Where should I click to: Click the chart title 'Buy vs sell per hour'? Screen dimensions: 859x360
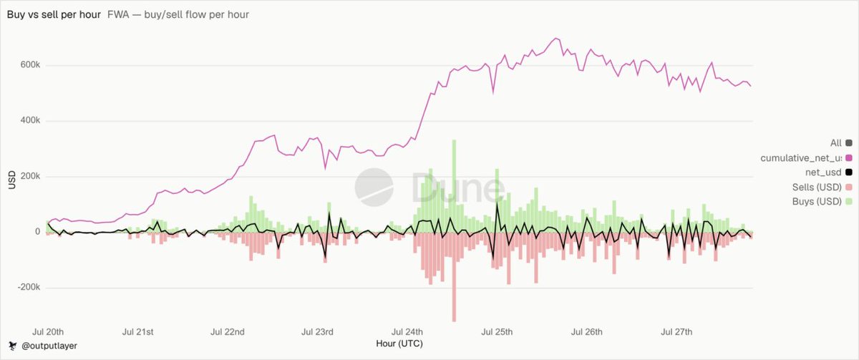click(x=54, y=14)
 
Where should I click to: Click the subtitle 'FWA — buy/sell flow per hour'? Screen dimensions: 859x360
click(x=178, y=14)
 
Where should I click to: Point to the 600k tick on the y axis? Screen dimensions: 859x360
click(x=30, y=65)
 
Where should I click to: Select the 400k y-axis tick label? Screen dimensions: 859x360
click(x=30, y=120)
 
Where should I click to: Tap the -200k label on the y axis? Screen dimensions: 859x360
click(x=29, y=287)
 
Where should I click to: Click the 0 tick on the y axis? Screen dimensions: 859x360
click(x=37, y=232)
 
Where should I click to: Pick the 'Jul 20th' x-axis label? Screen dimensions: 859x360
click(x=48, y=331)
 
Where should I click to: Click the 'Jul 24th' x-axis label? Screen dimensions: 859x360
click(x=407, y=331)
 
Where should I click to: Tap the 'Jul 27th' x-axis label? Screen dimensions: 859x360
click(x=676, y=331)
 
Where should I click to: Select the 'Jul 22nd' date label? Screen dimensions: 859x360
click(x=228, y=331)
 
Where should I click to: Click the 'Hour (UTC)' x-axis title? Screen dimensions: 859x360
click(x=399, y=344)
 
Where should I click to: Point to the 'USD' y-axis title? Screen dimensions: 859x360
click(x=12, y=180)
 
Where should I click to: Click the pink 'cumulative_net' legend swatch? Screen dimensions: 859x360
click(x=849, y=158)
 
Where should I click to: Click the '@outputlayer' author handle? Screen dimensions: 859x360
click(x=49, y=346)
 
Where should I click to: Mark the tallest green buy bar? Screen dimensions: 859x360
click(x=454, y=186)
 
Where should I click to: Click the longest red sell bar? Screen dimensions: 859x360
click(x=454, y=277)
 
